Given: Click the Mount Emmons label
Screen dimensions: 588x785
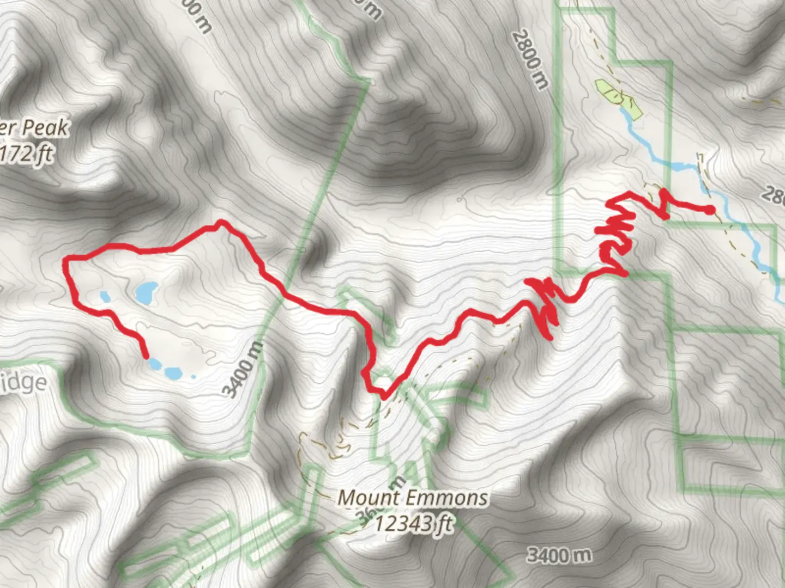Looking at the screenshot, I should coord(413,498).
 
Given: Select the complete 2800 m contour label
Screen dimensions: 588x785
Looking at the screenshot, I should coord(528,60).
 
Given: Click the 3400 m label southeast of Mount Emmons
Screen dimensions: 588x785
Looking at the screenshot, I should coord(559,555).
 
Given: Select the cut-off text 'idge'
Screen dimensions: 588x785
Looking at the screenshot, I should coord(25,382).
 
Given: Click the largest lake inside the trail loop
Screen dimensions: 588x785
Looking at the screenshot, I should coord(146,293).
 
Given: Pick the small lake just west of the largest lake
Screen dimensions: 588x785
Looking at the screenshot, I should coord(105,297).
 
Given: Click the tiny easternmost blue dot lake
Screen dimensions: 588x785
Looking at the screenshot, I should coord(192,376).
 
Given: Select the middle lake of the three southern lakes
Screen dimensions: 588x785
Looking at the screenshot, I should coord(172,373).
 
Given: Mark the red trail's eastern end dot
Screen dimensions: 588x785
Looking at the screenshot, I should coord(710,210).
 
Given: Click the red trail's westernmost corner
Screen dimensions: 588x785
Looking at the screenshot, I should coord(67,260).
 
